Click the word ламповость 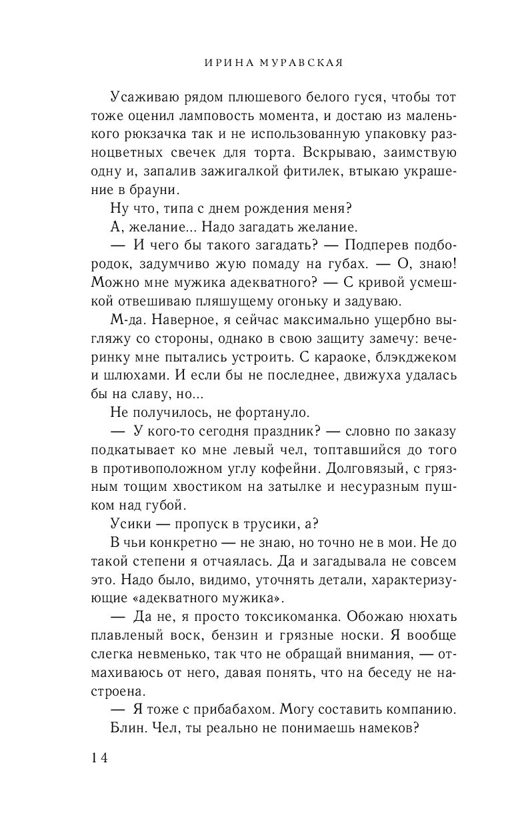[203, 117]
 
